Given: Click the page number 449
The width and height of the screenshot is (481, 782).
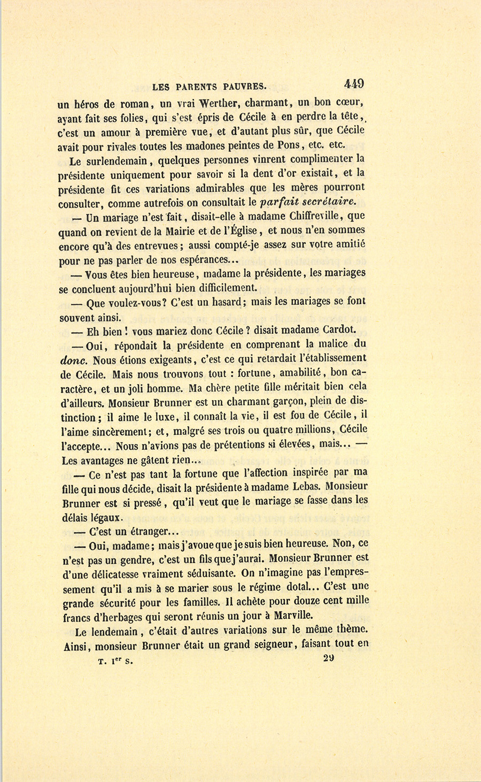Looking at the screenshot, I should coord(354,83).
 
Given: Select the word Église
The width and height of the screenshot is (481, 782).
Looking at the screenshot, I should coord(241,231).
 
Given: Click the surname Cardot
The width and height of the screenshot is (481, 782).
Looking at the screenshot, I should coord(339,329).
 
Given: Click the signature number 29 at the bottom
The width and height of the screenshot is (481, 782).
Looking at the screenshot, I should coord(329,658).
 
